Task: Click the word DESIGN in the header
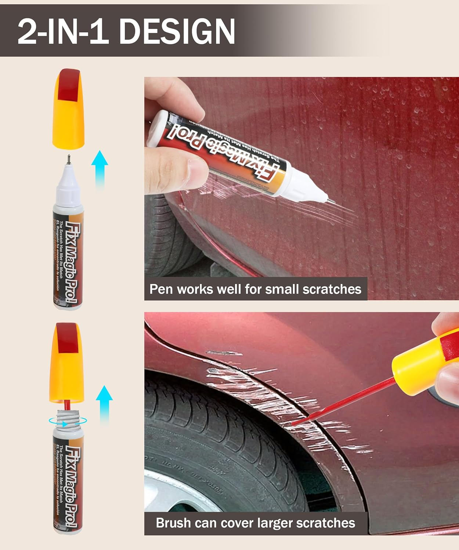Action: coord(177,32)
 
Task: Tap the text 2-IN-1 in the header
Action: coord(62,32)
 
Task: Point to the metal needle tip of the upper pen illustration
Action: coord(69,159)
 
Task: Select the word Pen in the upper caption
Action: coord(161,289)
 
